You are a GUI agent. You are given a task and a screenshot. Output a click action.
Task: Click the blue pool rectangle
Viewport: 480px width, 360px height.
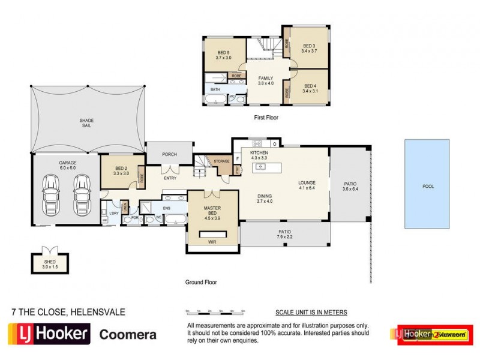tap(427, 184)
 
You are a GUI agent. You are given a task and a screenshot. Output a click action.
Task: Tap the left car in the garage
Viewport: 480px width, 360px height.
tap(50, 194)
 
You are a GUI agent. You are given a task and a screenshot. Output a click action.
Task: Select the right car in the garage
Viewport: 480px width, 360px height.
tap(82, 194)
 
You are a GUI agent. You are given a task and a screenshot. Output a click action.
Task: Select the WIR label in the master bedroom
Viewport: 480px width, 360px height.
tap(213, 242)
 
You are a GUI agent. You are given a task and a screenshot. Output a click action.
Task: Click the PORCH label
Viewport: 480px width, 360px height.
tap(170, 154)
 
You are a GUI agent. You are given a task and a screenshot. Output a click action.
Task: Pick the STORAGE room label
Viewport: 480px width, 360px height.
tap(222, 161)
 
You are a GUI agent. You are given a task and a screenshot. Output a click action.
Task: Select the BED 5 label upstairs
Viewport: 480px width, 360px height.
tap(224, 55)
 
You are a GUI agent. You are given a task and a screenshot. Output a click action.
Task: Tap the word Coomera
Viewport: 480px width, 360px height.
tap(128, 334)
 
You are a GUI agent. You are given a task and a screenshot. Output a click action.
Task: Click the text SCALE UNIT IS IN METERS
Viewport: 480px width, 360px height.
tap(311, 313)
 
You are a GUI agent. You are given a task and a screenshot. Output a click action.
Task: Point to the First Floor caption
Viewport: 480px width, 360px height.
tap(266, 118)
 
